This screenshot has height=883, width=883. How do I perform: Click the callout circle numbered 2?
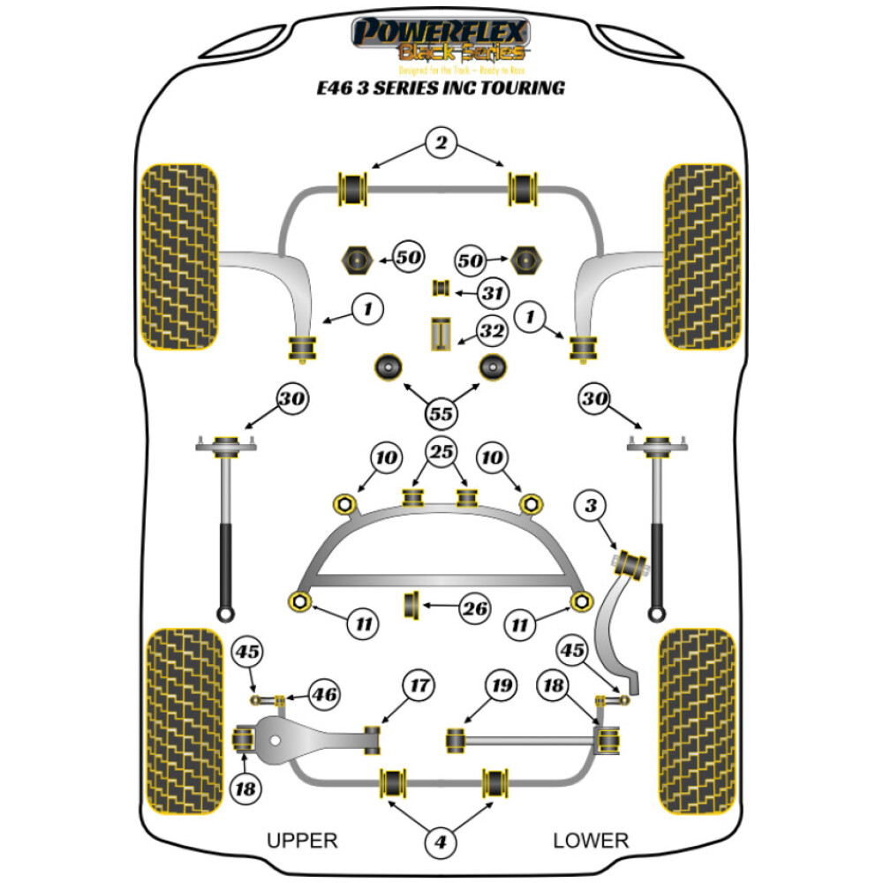coord(441,140)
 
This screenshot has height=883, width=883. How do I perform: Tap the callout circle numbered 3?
coord(591,506)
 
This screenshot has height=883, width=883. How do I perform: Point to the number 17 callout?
coord(419,684)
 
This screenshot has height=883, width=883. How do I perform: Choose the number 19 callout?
coord(502,684)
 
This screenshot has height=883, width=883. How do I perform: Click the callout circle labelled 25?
coord(441,453)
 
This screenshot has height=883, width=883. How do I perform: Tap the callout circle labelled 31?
coord(492,293)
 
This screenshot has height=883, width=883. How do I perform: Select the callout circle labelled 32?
coord(492,332)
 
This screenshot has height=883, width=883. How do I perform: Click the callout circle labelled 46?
coord(323,695)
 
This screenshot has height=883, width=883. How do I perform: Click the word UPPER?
coord(302,841)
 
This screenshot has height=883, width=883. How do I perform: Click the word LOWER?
coord(591,841)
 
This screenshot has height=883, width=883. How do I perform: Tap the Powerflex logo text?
coord(441,34)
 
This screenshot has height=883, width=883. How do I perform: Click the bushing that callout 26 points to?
coord(411,606)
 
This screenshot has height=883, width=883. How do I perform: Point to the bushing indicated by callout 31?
coord(441,288)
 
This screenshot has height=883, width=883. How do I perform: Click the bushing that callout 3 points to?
coord(631,562)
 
